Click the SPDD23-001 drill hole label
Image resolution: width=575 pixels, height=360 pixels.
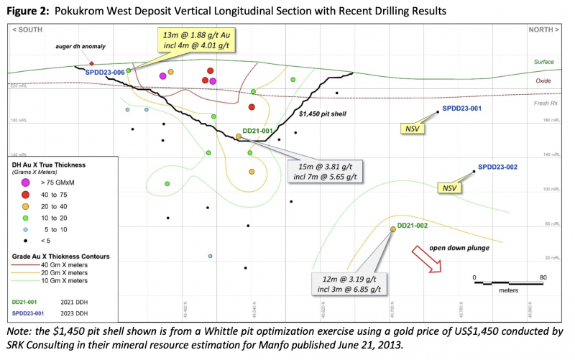tap(461, 109)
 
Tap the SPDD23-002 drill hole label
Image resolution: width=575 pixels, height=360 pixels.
tap(497, 167)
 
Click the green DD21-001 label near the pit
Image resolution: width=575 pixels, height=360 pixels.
tap(257, 130)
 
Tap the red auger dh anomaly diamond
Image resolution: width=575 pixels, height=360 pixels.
tap(92, 64)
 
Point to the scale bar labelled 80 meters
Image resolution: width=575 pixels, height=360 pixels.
tap(508, 283)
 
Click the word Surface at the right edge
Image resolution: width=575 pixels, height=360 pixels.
tap(544, 62)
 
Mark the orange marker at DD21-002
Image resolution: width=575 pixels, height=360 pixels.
tap(393, 229)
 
